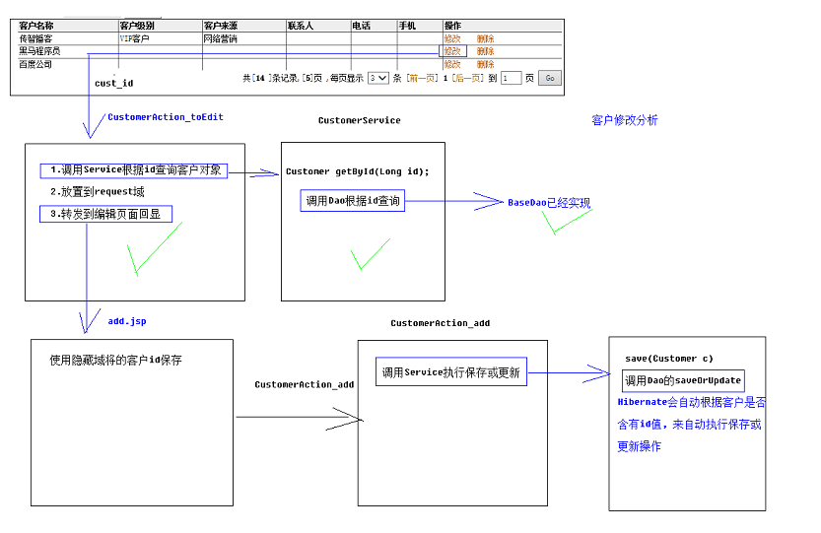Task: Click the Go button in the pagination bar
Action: pyautogui.click(x=549, y=78)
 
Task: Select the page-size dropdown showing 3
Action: pyautogui.click(x=378, y=78)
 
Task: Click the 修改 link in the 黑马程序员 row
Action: pyautogui.click(x=452, y=51)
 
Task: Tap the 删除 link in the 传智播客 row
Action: pyautogui.click(x=485, y=38)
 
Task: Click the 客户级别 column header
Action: pyautogui.click(x=137, y=26)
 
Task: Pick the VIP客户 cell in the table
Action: pyautogui.click(x=135, y=38)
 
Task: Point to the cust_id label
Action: pyautogui.click(x=114, y=83)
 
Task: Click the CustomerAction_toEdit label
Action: pyautogui.click(x=166, y=117)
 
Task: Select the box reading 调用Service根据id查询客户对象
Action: pyautogui.click(x=133, y=170)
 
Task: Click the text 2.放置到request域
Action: pyautogui.click(x=98, y=192)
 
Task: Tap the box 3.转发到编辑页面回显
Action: pyautogui.click(x=105, y=214)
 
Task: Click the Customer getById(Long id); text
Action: pyautogui.click(x=358, y=171)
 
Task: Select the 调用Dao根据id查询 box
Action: pyautogui.click(x=353, y=201)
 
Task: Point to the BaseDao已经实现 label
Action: pyautogui.click(x=549, y=203)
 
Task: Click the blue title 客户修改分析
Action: pyautogui.click(x=625, y=120)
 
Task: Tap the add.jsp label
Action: pyautogui.click(x=127, y=321)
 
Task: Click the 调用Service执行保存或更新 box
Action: pyautogui.click(x=451, y=371)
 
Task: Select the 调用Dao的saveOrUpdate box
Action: pyautogui.click(x=683, y=380)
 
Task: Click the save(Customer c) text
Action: pyautogui.click(x=669, y=359)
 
